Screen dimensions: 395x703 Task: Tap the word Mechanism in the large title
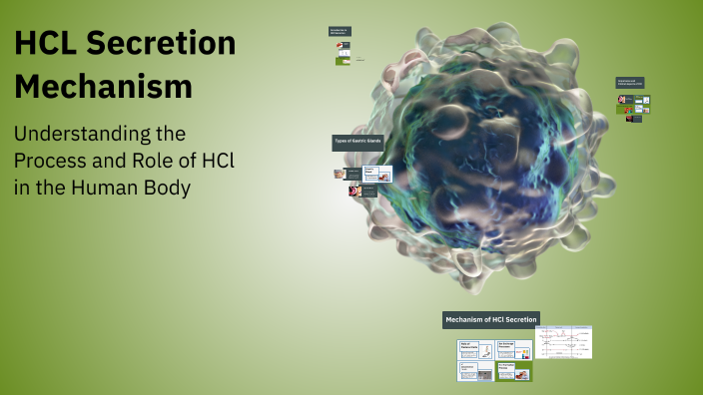pos(103,87)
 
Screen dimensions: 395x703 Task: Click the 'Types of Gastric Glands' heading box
pos(356,143)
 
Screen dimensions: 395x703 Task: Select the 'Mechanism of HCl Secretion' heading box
pos(491,319)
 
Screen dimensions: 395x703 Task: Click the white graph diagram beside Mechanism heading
pos(563,341)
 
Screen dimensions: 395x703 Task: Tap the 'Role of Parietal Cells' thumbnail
pos(474,349)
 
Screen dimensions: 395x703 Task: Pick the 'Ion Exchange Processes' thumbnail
pos(513,349)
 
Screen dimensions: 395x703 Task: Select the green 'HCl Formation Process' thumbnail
pos(513,371)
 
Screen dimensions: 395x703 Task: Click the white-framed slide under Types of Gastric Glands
pos(377,174)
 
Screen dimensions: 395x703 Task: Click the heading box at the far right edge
pos(630,84)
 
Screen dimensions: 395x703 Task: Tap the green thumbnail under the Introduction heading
pos(343,61)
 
